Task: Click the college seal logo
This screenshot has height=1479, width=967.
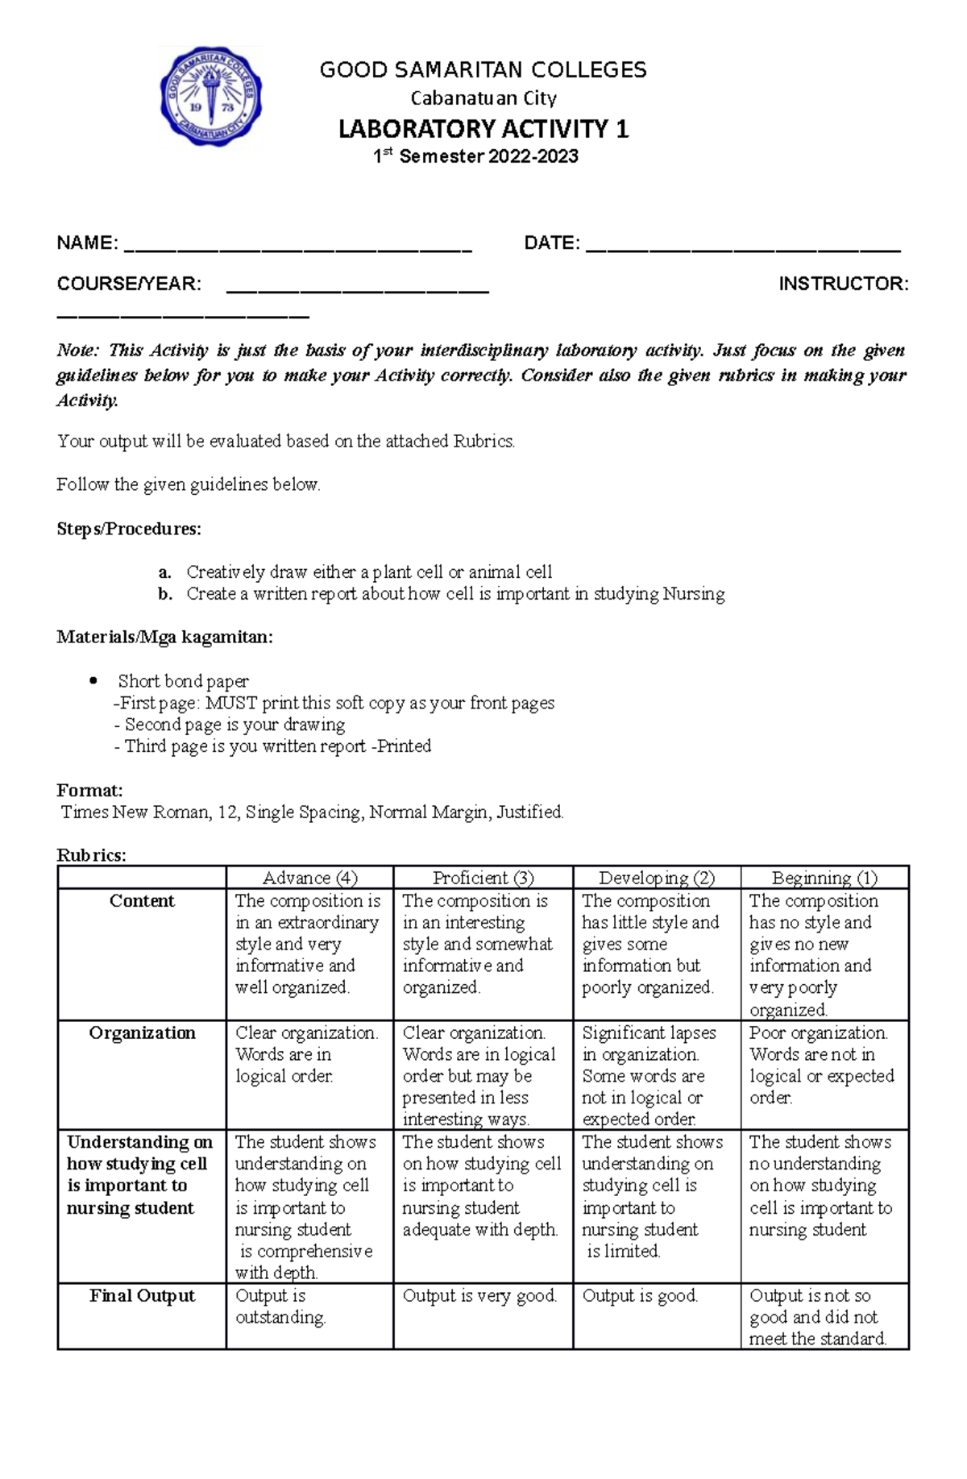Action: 211,96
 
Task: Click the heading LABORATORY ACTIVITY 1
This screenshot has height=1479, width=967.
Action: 483,129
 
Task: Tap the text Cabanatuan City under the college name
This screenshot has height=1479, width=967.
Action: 483,98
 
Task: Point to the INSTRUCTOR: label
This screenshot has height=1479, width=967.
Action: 843,284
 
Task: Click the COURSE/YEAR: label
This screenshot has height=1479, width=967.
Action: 129,284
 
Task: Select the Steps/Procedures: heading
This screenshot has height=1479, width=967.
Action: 129,529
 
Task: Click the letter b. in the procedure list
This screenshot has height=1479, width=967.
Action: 165,594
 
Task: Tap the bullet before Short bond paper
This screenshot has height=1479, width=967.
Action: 92,681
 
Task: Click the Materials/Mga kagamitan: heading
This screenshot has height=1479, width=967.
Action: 164,638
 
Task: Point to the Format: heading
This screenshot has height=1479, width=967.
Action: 89,790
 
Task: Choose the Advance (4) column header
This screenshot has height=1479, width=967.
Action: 309,878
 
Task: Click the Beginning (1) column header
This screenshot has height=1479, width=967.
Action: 824,878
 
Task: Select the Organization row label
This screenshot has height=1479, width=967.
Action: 142,1033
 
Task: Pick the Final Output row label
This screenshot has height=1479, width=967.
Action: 142,1296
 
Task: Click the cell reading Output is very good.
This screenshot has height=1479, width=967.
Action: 479,1296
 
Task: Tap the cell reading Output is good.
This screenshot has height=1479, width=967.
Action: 640,1296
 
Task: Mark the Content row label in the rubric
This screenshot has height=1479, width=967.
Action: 142,901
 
